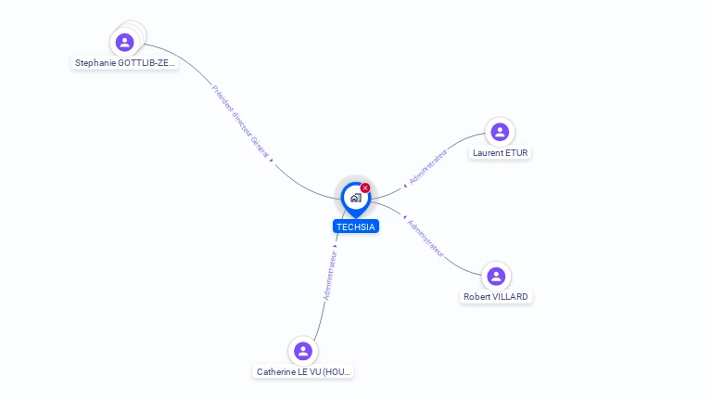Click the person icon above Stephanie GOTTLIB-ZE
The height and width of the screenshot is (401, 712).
125,42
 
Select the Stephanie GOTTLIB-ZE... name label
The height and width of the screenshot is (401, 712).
125,63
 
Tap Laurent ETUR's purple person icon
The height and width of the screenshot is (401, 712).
500,132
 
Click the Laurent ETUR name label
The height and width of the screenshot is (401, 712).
501,152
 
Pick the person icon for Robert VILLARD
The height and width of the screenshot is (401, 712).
496,276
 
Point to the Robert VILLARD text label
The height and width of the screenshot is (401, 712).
496,297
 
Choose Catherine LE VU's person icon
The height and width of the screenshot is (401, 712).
302,351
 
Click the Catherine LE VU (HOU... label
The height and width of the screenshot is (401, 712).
304,371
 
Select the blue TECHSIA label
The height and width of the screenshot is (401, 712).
356,226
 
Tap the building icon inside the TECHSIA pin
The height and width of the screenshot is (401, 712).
355,198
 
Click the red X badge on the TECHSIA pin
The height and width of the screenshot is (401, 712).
365,188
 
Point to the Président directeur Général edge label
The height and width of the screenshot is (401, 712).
240,121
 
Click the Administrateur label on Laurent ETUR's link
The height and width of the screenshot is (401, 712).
428,164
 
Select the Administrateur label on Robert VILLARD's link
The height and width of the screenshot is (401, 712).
426,237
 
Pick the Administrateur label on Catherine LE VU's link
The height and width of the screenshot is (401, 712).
330,274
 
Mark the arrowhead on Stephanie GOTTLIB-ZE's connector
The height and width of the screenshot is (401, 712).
271,160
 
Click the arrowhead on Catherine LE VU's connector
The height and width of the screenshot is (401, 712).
335,246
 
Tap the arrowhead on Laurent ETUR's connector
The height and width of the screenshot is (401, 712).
405,186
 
